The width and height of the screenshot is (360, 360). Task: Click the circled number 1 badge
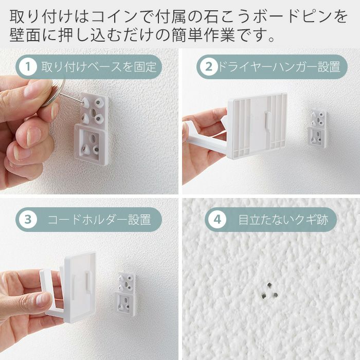click(28, 67)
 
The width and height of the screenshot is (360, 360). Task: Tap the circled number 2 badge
click(209, 67)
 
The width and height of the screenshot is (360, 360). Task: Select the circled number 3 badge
click(28, 220)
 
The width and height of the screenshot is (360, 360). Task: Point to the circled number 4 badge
click(217, 220)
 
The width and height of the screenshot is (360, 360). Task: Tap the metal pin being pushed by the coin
click(71, 97)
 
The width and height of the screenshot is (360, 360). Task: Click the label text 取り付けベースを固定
click(99, 67)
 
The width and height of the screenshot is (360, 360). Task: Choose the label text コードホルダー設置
click(99, 220)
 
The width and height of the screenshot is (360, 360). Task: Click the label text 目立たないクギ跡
click(283, 220)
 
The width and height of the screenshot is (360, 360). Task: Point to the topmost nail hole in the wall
click(269, 285)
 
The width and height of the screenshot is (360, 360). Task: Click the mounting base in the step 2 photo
click(317, 129)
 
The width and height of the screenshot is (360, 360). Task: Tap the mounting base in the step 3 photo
click(125, 294)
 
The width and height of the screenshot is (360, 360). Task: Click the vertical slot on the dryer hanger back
click(266, 120)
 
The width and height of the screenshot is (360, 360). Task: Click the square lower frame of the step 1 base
click(91, 143)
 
